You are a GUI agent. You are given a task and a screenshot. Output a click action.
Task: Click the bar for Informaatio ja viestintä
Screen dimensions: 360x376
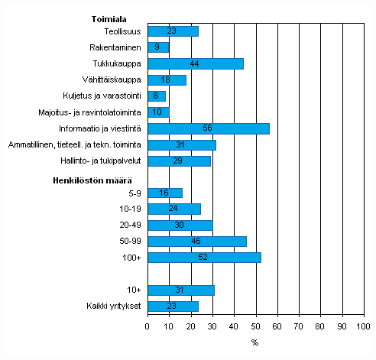point(208,128)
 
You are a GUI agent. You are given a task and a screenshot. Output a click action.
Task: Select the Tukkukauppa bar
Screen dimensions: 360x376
point(195,63)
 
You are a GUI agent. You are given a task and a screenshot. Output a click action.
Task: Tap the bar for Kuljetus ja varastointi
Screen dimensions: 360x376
point(156,96)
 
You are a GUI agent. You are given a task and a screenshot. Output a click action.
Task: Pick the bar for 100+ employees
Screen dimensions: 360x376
point(204,258)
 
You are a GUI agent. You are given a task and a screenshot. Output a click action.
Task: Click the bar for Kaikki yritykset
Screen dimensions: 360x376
point(173,306)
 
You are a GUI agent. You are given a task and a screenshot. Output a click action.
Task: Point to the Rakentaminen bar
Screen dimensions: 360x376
point(157,47)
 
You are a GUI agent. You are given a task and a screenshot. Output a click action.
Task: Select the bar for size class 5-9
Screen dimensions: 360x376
point(164,193)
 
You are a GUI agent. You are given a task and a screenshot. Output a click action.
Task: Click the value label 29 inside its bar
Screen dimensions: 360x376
point(179,161)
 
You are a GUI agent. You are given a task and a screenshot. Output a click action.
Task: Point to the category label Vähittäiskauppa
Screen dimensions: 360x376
point(112,80)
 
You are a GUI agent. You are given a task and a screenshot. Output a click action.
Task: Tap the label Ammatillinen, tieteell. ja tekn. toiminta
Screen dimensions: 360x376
point(75,144)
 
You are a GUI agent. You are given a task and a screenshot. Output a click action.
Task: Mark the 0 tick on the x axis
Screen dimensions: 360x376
point(147,326)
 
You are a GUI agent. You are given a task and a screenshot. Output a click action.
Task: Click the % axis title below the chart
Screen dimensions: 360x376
point(254,342)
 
